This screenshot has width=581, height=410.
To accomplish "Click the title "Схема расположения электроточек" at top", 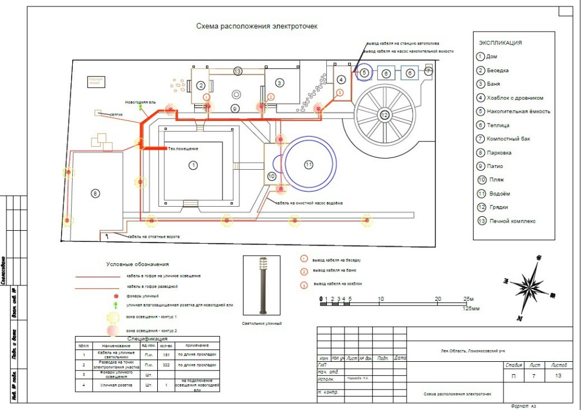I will pos(256,26).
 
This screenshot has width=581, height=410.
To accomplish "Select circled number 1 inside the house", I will pos(192,166).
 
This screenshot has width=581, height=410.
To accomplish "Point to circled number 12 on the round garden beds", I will pos(384,115).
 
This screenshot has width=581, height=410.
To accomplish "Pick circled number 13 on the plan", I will pos(237,71).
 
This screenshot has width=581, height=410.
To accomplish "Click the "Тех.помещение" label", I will pos(183,148).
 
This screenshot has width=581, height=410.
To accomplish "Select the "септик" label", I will pos(116,115).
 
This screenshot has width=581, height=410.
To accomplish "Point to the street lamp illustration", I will pos(262,286).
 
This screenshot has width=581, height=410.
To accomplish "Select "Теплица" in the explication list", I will pos(498,125).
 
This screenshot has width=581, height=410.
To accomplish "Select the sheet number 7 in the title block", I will pos(533,376).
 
